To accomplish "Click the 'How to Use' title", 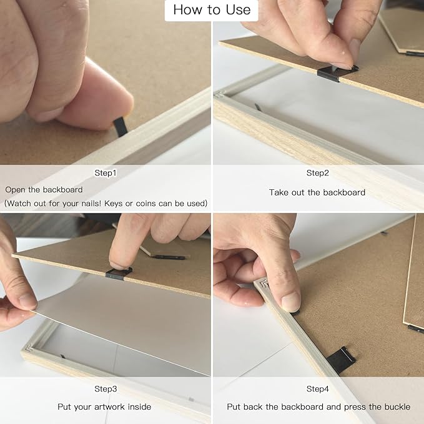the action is point(212,10).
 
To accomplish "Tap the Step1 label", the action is point(106,173).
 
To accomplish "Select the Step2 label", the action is point(317,173).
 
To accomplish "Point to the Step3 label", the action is point(106,389).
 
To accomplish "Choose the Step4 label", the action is point(317,389).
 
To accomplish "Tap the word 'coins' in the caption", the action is point(145,204).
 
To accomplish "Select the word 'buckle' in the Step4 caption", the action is point(397,407).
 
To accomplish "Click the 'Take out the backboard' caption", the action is point(317,192).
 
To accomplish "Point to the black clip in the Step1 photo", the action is point(121,127).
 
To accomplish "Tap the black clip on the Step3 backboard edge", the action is point(119,274).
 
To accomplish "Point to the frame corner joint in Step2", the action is point(220,95).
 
